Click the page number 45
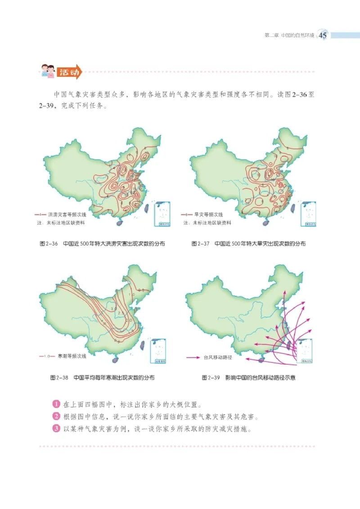[x=324, y=36]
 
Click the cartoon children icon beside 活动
[x=48, y=71]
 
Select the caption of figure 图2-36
[x=102, y=244]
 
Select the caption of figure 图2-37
[x=248, y=244]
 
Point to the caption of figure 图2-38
[x=102, y=378]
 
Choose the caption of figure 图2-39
[x=248, y=378]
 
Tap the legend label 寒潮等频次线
[x=72, y=356]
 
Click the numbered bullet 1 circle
[x=56, y=404]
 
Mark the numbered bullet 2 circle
[x=56, y=416]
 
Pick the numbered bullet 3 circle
[x=56, y=428]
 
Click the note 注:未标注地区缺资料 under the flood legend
[x=60, y=223]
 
